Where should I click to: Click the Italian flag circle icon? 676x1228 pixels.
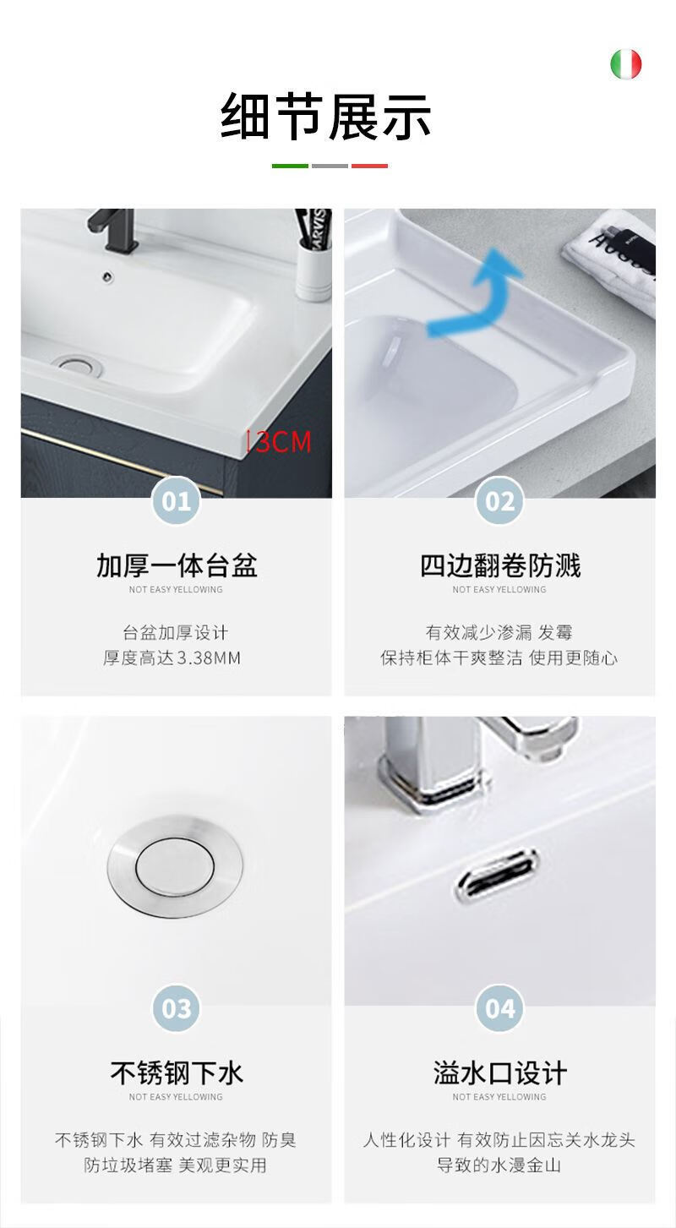click(625, 64)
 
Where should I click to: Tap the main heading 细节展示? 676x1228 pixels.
click(325, 117)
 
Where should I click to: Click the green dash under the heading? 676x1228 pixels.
click(290, 166)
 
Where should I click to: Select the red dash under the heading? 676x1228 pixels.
click(369, 166)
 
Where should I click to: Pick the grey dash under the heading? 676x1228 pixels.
click(330, 166)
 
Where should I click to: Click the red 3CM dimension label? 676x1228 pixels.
click(280, 442)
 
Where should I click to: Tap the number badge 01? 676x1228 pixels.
click(176, 500)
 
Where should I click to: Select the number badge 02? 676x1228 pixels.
click(499, 500)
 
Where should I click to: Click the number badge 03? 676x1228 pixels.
click(176, 1008)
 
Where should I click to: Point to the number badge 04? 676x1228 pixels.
click(499, 1008)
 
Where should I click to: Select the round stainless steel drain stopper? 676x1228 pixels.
click(175, 867)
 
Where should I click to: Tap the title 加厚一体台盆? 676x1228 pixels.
click(176, 565)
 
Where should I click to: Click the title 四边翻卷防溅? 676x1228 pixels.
click(499, 565)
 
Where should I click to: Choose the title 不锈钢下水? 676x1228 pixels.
click(176, 1072)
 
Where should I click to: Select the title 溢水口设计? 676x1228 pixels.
click(499, 1072)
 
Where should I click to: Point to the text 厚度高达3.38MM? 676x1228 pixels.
click(172, 658)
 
